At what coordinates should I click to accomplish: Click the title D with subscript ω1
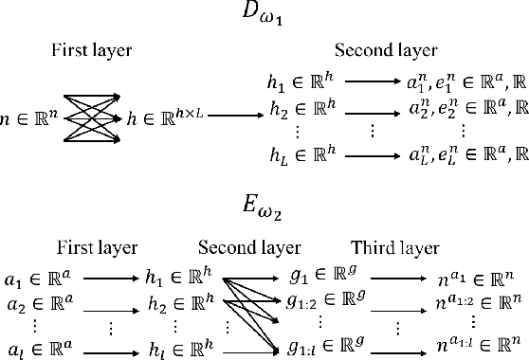pos(264,16)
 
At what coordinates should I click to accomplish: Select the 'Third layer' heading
pos(395,248)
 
